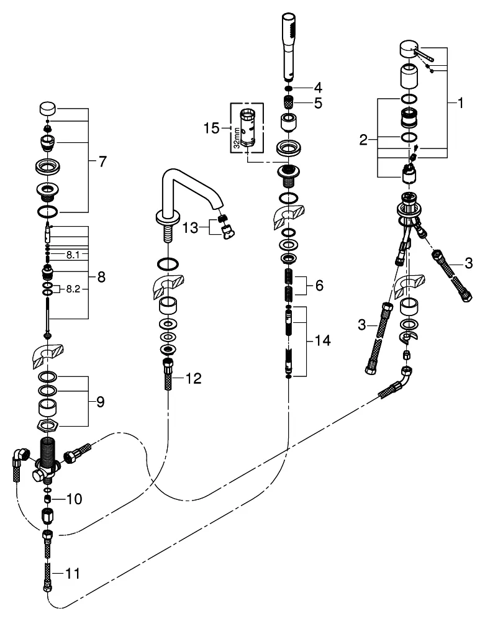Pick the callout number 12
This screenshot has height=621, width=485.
[194, 378]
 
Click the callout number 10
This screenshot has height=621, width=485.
[74, 498]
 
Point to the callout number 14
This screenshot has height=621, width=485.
[322, 341]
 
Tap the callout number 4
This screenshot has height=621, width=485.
[318, 86]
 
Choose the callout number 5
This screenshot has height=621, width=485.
[318, 104]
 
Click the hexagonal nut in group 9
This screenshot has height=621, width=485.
[48, 425]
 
